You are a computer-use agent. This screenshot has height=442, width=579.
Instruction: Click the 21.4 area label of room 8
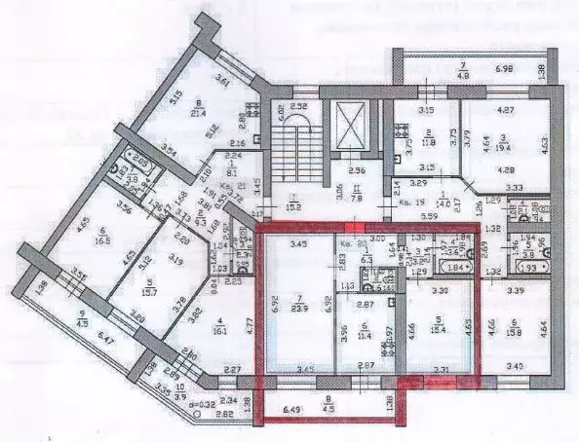[202, 113]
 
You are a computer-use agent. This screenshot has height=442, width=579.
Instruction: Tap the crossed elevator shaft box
[349, 124]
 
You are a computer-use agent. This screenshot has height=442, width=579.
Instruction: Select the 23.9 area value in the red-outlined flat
[298, 307]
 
